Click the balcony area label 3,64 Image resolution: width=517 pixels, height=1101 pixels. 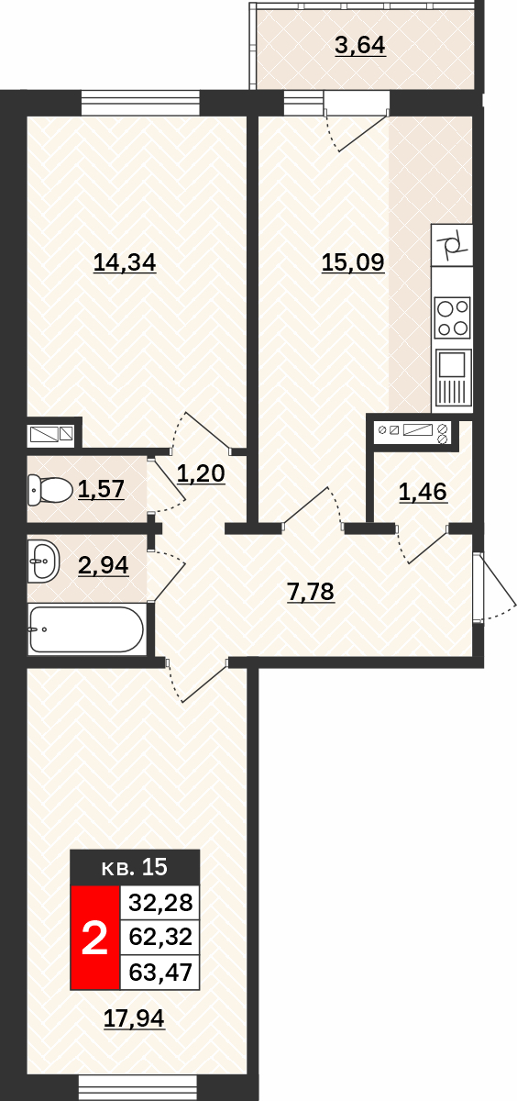(x=360, y=46)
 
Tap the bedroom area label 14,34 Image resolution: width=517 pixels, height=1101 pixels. (x=125, y=262)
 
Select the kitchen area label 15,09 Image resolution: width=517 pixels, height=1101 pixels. (x=353, y=262)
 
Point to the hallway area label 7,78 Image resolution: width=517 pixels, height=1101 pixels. (x=311, y=592)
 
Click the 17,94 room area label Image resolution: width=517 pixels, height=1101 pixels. (x=134, y=1018)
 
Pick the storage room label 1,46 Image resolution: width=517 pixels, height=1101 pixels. (x=423, y=492)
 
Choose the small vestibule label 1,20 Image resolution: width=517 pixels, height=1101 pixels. (x=201, y=473)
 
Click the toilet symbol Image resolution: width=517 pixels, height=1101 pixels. (x=50, y=490)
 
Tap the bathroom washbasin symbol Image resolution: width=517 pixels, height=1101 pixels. (x=44, y=561)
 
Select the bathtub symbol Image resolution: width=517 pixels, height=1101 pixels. (x=86, y=629)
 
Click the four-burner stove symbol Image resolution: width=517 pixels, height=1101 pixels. (x=453, y=317)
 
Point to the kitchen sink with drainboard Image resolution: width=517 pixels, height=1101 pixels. (x=453, y=377)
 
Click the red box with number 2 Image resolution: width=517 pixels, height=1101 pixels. (x=94, y=938)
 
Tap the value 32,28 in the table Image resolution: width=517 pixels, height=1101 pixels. (x=160, y=903)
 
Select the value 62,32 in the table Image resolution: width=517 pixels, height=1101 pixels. (x=160, y=938)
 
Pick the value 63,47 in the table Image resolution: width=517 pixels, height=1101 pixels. (x=160, y=973)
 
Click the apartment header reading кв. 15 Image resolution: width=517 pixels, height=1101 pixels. (x=135, y=867)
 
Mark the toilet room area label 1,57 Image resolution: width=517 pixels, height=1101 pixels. (x=101, y=490)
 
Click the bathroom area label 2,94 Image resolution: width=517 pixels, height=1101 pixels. (x=103, y=566)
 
